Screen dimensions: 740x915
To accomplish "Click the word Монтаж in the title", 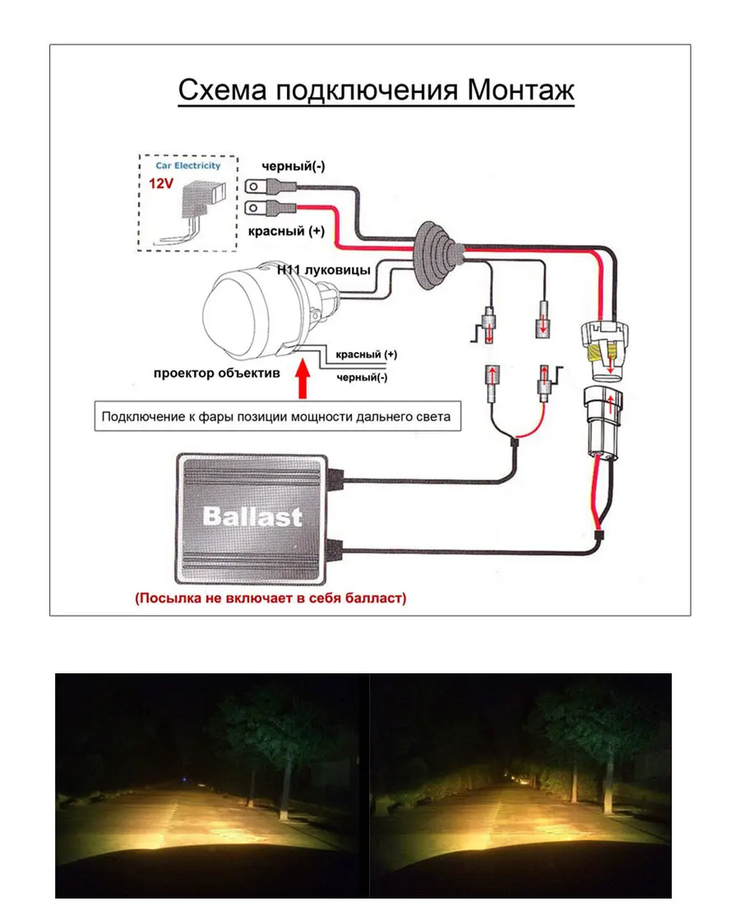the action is tap(520, 90).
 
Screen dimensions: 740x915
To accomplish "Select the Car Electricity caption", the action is tap(188, 165).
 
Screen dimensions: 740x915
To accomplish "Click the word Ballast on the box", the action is tap(252, 516).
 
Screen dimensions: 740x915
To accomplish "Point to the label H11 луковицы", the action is tap(323, 270).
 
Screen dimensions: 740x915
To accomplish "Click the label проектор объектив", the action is tap(217, 372).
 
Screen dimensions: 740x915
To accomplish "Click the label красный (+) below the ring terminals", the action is tap(286, 231).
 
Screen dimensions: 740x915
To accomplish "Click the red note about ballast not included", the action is tap(271, 598).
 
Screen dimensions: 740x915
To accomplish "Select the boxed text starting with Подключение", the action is tap(276, 416).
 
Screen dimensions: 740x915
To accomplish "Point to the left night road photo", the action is tap(211, 785).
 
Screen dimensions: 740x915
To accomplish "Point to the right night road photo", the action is tap(521, 785).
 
